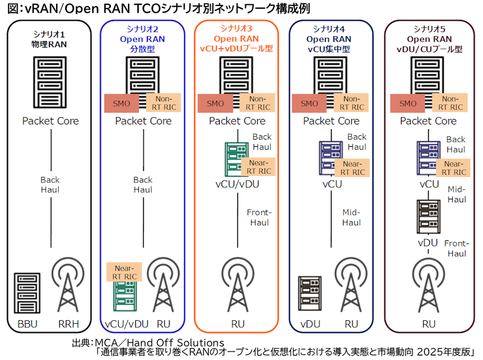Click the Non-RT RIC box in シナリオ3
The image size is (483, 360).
pos(256,103)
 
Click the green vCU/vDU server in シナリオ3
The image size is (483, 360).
pos(237,159)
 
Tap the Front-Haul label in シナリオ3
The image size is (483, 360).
pos(259,218)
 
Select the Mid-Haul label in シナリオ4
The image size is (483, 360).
pos(351,218)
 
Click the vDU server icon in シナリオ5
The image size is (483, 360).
pos(427,216)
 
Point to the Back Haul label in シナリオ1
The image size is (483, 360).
pos(50,185)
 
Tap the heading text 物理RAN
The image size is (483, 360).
pos(50,44)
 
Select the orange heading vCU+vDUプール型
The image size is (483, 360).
pos(236,48)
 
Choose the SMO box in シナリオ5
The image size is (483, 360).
pos(408,103)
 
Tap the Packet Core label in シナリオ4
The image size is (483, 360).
pos(331,121)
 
